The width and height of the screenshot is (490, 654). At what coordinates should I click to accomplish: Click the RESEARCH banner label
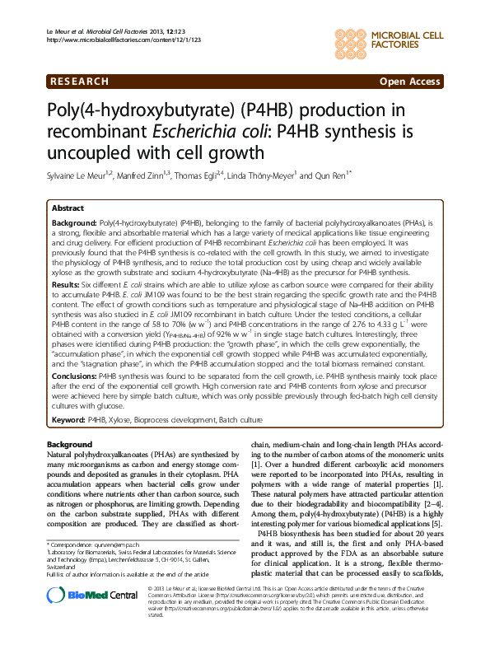point(79,82)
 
